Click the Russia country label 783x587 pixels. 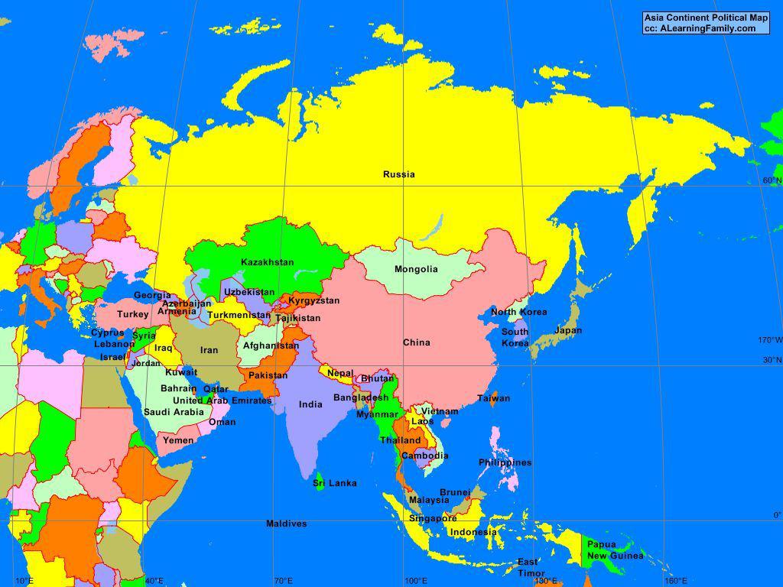[399, 174]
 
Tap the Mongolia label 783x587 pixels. [416, 269]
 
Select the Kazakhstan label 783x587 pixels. [267, 262]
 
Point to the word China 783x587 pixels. [417, 342]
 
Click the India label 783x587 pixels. [310, 404]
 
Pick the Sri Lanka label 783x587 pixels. [335, 483]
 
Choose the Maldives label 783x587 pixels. [287, 524]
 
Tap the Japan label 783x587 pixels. [568, 330]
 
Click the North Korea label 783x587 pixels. [518, 312]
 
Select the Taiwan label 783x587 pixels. [494, 398]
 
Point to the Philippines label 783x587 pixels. [505, 462]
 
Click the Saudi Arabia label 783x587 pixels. [174, 412]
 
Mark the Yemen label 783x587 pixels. [178, 440]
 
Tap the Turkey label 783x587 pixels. [132, 314]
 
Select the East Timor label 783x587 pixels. [531, 568]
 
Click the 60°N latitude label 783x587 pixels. [772, 180]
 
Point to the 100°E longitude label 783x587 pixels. [415, 581]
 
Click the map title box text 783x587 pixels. [705, 23]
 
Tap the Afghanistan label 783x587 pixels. [271, 345]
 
